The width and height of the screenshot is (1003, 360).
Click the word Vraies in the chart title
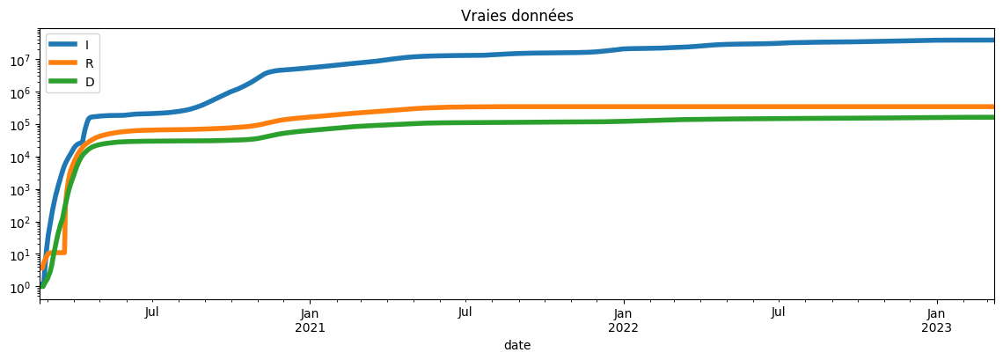coord(480,16)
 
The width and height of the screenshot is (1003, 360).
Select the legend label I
coord(87,45)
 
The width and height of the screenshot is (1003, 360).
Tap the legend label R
coord(89,63)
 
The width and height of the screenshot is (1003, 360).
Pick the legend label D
coord(89,83)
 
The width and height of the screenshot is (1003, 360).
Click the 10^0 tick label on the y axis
coord(19,287)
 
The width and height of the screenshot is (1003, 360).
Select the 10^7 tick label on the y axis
coord(19,61)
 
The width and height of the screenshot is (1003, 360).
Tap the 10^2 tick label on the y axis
coord(19,223)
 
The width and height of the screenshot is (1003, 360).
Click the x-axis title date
coord(516,346)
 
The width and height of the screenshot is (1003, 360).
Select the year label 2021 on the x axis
coord(310,327)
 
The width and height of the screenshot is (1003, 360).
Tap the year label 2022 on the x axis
coord(623,327)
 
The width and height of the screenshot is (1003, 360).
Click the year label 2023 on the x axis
coord(937,327)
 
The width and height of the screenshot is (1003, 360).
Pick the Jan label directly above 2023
coord(937,312)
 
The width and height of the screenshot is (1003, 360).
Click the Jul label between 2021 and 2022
coord(465,312)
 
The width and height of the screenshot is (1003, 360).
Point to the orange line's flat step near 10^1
coord(56,253)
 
